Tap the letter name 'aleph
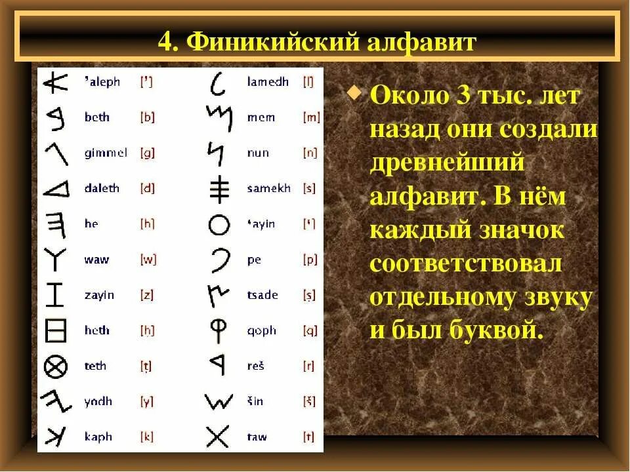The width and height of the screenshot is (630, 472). (x=102, y=82)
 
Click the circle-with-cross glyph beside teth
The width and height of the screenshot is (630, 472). (x=56, y=366)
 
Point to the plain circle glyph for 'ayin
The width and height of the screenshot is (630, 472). (x=219, y=225)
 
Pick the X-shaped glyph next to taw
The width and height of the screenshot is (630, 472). (x=217, y=436)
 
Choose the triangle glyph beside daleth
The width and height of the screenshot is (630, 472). (x=56, y=189)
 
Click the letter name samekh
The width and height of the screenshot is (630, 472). (x=268, y=188)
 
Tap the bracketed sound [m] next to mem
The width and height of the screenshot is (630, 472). (x=311, y=118)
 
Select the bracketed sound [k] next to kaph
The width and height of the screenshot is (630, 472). (x=147, y=436)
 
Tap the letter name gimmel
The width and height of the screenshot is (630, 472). (x=106, y=153)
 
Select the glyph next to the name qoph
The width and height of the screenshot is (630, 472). (x=218, y=330)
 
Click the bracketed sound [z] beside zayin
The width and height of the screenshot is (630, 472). (x=146, y=295)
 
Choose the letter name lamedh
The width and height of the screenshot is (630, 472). (x=268, y=83)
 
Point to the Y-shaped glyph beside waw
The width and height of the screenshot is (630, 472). (x=56, y=260)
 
